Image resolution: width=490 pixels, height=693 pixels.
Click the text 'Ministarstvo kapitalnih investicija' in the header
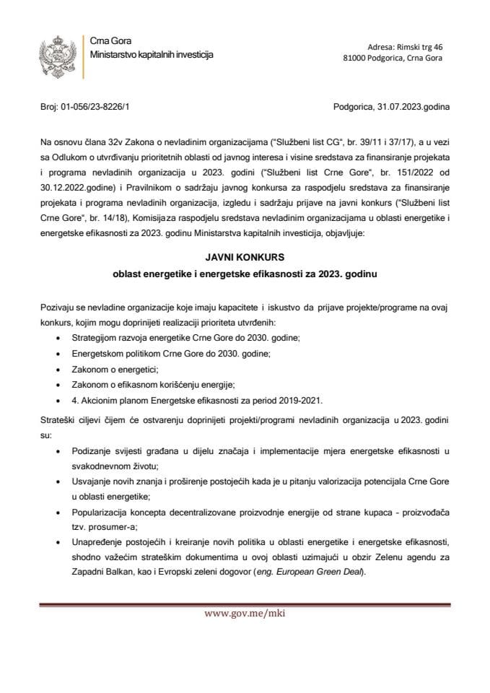coord(151,56)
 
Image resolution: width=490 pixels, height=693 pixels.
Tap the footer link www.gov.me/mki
coord(245,614)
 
